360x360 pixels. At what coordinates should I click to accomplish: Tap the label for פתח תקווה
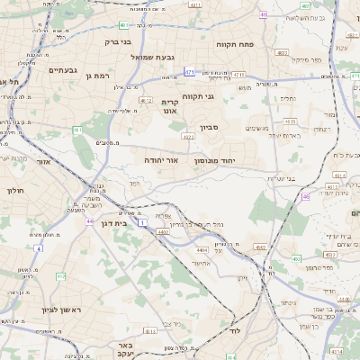(236, 43)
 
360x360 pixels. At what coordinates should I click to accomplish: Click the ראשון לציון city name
(36, 309)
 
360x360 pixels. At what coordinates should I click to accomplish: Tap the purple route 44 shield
(89, 220)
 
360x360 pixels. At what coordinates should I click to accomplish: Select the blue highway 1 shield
(142, 220)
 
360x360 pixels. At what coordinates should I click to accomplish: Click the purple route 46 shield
(306, 195)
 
